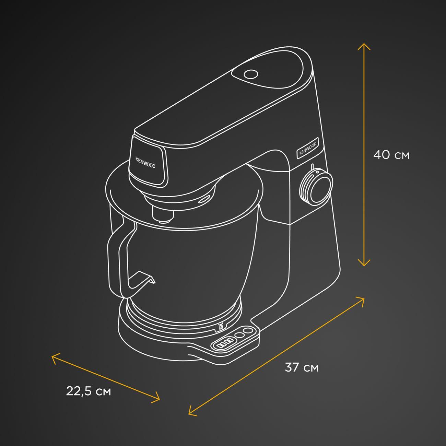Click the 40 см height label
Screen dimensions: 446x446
pos(391,155)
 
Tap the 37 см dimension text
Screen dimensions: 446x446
pos(302,367)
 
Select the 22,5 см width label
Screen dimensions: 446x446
pos(89,391)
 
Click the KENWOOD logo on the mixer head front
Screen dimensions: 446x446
pos(145,163)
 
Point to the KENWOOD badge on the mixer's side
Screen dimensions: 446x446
pos(308,148)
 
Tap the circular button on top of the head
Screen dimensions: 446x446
pos(251,74)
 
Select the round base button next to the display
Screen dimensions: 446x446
pos(239,335)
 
